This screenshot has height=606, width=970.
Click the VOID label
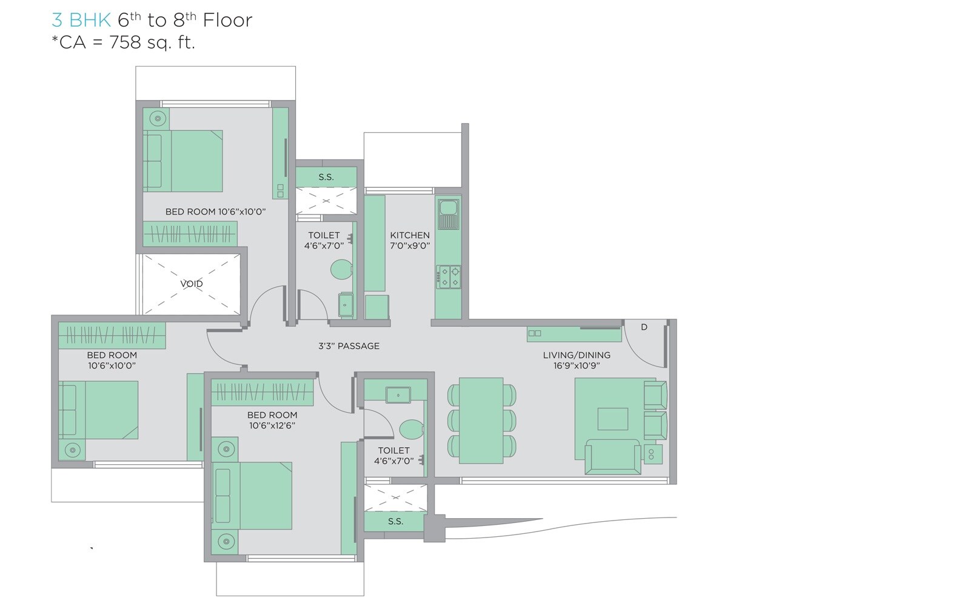tap(192, 284)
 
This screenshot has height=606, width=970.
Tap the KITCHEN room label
tap(410, 235)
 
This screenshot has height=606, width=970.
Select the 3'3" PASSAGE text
tap(349, 346)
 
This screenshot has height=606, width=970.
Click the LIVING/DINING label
tap(577, 355)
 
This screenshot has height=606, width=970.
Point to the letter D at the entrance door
tap(644, 327)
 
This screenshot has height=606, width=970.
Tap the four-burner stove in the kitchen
tap(449, 276)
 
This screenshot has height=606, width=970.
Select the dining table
tap(481, 421)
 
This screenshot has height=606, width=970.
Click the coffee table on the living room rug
tap(612, 419)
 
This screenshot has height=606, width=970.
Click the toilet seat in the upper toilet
tap(341, 270)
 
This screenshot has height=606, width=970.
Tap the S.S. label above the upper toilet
tap(326, 177)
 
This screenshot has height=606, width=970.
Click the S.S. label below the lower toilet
tap(395, 521)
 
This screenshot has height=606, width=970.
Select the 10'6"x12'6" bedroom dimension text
tap(272, 426)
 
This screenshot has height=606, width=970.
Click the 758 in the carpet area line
tap(125, 43)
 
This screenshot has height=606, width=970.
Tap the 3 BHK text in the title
tap(81, 21)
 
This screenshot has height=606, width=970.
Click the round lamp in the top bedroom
tap(156, 119)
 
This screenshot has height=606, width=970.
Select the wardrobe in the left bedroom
tap(112, 335)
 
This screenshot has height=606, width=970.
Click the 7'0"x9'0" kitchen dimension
tap(410, 246)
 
